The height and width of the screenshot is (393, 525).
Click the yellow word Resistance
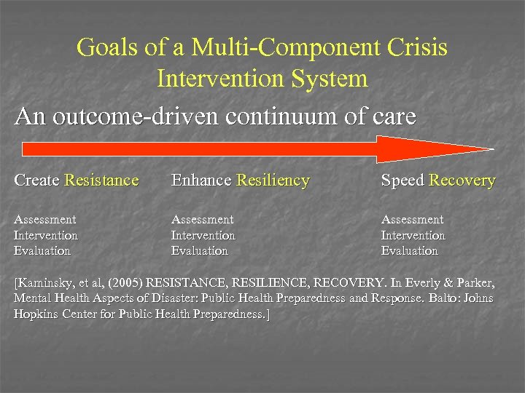pyautogui.click(x=101, y=180)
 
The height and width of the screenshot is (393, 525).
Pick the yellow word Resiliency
pyautogui.click(x=273, y=180)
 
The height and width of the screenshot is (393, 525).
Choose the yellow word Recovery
pyautogui.click(x=462, y=180)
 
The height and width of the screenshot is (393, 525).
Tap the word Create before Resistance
pyautogui.click(x=37, y=180)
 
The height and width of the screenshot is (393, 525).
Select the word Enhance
pyautogui.click(x=201, y=180)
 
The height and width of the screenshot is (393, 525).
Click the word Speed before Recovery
pyautogui.click(x=403, y=180)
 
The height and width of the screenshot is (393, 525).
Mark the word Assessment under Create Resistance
pyautogui.click(x=45, y=220)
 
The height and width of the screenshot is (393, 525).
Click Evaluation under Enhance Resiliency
pyautogui.click(x=199, y=251)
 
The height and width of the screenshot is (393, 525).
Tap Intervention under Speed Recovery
pyautogui.click(x=413, y=236)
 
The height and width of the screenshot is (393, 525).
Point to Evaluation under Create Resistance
pyautogui.click(x=42, y=251)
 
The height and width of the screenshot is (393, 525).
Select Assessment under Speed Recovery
pyautogui.click(x=412, y=220)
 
